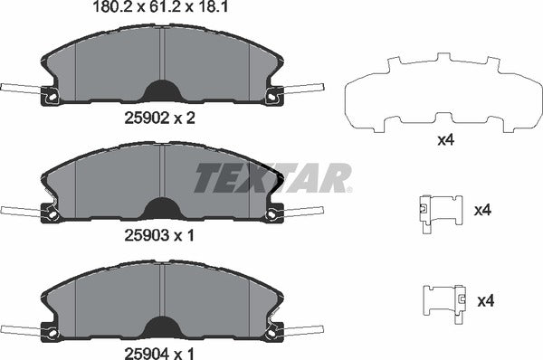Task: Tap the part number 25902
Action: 145,117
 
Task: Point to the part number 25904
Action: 145,348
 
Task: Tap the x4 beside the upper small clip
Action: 483,211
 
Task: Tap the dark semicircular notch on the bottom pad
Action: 162,324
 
